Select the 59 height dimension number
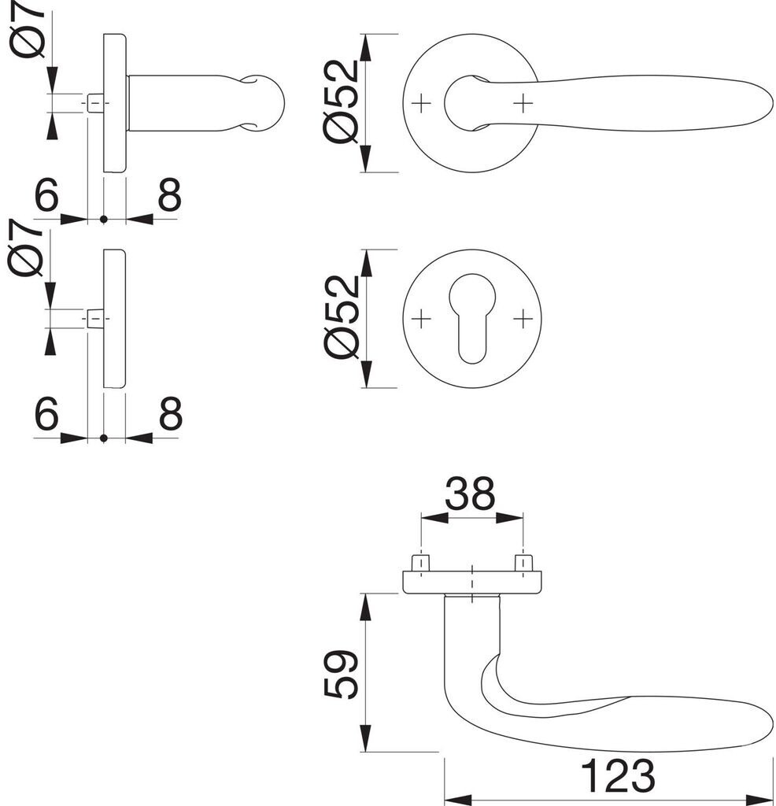point(344,674)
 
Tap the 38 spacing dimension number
point(470,495)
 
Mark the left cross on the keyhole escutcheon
point(422,318)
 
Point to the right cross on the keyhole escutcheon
point(523,318)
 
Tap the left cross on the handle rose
point(422,102)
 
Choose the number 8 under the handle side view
point(169,197)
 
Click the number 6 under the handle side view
point(46,197)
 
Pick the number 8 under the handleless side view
point(169,414)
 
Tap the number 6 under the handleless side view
point(46,414)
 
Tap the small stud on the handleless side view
point(94,319)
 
